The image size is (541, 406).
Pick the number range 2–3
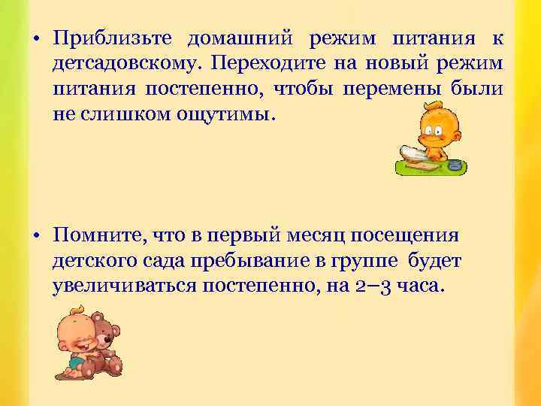coord(372,286)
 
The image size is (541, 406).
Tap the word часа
coord(424,286)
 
